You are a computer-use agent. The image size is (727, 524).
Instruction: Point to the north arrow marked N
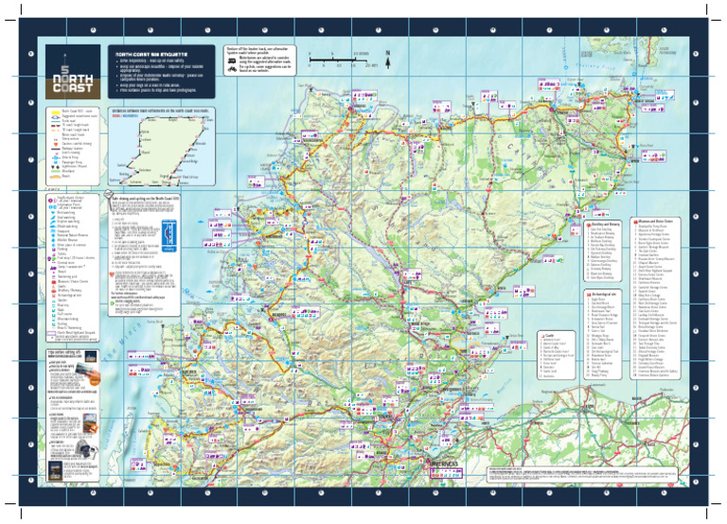[387, 56]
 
